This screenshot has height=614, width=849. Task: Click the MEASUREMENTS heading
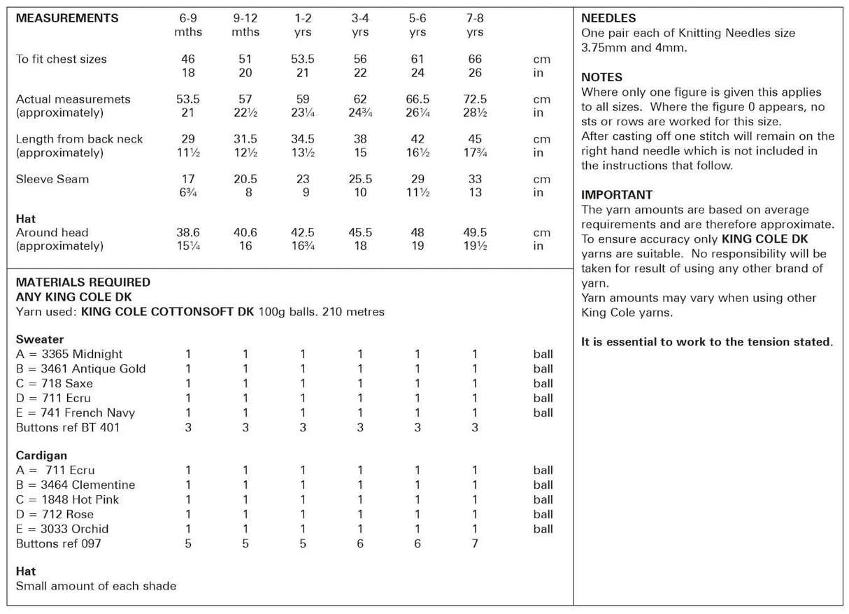[x=67, y=18]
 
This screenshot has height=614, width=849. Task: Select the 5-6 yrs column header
[x=417, y=25]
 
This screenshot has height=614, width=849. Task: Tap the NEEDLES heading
[x=608, y=18]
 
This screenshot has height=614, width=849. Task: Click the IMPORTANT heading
[x=617, y=194]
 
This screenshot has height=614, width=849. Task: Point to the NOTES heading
[x=601, y=77]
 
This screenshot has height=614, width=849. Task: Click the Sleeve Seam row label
[x=52, y=179]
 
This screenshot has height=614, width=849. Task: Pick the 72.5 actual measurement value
[x=475, y=99]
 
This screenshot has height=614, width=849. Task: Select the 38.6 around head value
[x=188, y=232]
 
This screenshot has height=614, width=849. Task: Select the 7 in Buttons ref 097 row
[x=475, y=543]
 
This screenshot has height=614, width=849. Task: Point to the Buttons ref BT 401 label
[x=68, y=427]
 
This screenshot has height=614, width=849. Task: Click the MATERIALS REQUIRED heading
[x=83, y=282]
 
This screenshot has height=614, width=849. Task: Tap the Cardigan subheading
[x=41, y=455]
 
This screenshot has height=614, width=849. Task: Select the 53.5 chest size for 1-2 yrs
[x=303, y=59]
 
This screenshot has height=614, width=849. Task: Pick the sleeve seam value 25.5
[x=360, y=179]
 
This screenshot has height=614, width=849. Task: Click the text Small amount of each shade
[x=96, y=586]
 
